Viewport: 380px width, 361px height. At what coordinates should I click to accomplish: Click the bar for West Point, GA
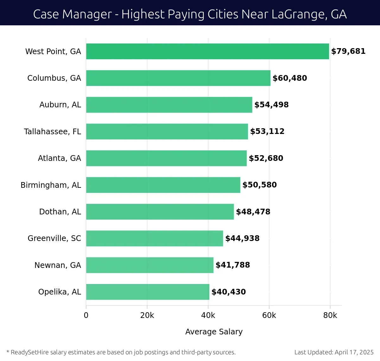point(207,51)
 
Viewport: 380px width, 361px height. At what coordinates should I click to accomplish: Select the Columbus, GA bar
point(178,78)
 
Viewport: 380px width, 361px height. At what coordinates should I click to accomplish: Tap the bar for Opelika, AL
point(148,292)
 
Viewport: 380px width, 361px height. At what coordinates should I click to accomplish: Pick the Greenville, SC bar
point(155,238)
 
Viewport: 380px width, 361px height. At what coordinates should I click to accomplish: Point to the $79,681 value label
point(348,51)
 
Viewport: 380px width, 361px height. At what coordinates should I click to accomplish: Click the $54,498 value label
point(271,105)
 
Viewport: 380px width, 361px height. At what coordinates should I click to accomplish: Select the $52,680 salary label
point(266,158)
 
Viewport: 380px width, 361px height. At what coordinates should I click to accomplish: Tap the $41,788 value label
point(232,265)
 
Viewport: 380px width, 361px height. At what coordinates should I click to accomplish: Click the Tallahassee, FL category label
point(53,131)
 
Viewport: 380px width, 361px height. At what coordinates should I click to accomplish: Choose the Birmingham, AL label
point(51,185)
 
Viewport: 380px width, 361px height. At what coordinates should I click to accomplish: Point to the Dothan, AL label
point(60,212)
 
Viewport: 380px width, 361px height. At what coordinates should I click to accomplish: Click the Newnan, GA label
point(58,265)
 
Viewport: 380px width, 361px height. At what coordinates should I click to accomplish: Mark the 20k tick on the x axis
point(147,315)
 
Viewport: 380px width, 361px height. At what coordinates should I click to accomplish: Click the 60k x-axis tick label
point(269,315)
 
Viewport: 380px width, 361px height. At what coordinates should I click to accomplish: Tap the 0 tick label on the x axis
point(86,315)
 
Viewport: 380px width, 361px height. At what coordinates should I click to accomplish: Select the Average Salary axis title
point(214,332)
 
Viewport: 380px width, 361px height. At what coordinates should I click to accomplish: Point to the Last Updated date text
point(334,352)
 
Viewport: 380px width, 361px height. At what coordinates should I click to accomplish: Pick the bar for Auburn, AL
point(169,105)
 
